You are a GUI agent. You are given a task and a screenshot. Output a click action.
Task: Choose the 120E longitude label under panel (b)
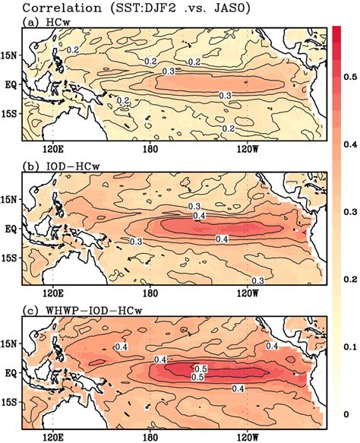coord(54,290)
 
